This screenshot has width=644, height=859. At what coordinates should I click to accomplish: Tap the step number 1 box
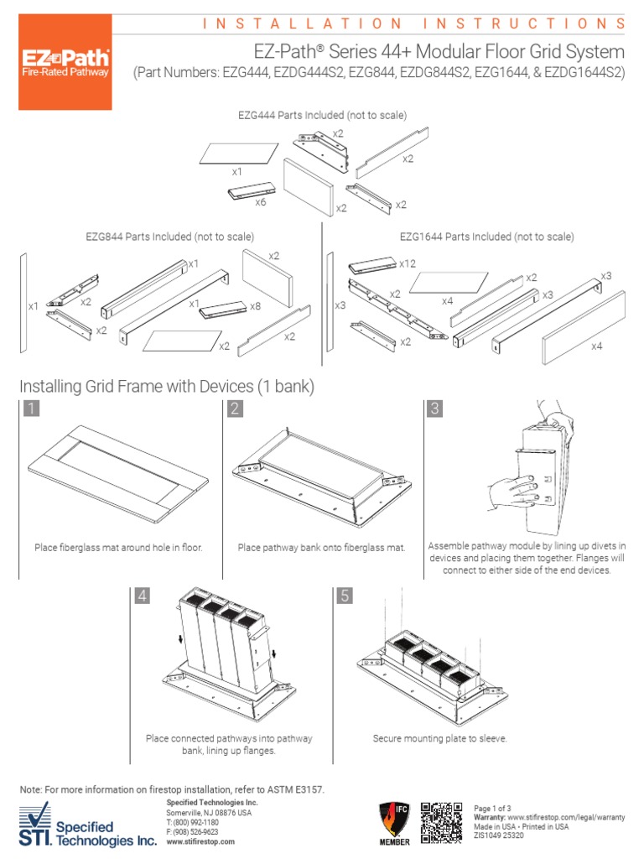pyautogui.click(x=31, y=409)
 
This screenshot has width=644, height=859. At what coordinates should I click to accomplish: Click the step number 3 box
pyautogui.click(x=434, y=409)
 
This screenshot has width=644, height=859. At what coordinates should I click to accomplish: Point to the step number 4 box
pyautogui.click(x=143, y=596)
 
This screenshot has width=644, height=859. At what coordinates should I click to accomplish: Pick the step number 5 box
pyautogui.click(x=345, y=596)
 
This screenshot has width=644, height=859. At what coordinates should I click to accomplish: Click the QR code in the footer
pyautogui.click(x=441, y=823)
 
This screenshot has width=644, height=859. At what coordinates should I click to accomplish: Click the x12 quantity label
pyautogui.click(x=408, y=263)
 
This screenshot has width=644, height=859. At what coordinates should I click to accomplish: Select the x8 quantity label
pyautogui.click(x=255, y=306)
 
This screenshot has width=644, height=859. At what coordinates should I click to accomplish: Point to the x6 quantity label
pyautogui.click(x=261, y=202)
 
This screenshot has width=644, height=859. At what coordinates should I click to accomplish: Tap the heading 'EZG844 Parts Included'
pyautogui.click(x=169, y=237)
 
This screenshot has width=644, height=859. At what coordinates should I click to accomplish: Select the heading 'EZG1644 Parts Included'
pyautogui.click(x=486, y=237)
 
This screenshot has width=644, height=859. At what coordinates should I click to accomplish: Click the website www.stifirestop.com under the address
pyautogui.click(x=201, y=841)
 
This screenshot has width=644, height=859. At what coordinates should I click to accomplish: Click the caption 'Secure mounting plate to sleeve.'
pyautogui.click(x=439, y=738)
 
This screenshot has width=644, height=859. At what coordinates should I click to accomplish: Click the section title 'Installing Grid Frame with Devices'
pyautogui.click(x=166, y=386)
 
